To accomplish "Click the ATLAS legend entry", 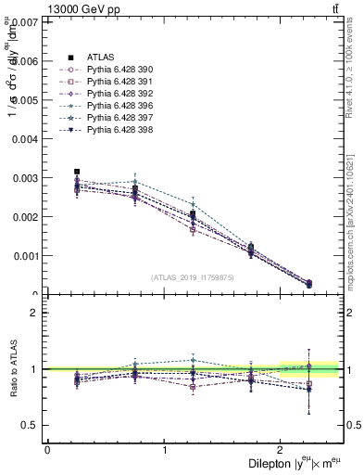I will click(x=100, y=57).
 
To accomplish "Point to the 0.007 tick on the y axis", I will click(x=28, y=21).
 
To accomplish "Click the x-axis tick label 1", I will click(x=164, y=450).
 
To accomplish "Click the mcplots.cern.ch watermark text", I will click(x=356, y=223).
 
